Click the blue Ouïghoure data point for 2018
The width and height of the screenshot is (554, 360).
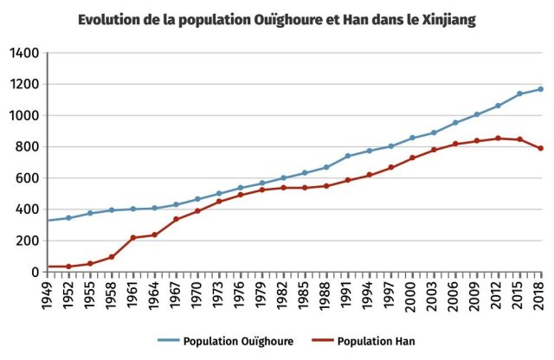[540, 89]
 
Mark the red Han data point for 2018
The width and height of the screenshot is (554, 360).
[540, 148]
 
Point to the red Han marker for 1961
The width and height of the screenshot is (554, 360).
[133, 237]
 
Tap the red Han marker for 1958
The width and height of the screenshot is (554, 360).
[112, 257]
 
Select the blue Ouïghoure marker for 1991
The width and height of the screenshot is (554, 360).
[348, 156]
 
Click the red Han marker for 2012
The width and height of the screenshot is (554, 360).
[498, 138]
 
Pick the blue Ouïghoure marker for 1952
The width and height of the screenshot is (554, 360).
[68, 217]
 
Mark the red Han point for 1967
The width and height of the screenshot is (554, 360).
[176, 219]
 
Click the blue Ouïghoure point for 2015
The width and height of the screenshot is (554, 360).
[519, 93]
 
